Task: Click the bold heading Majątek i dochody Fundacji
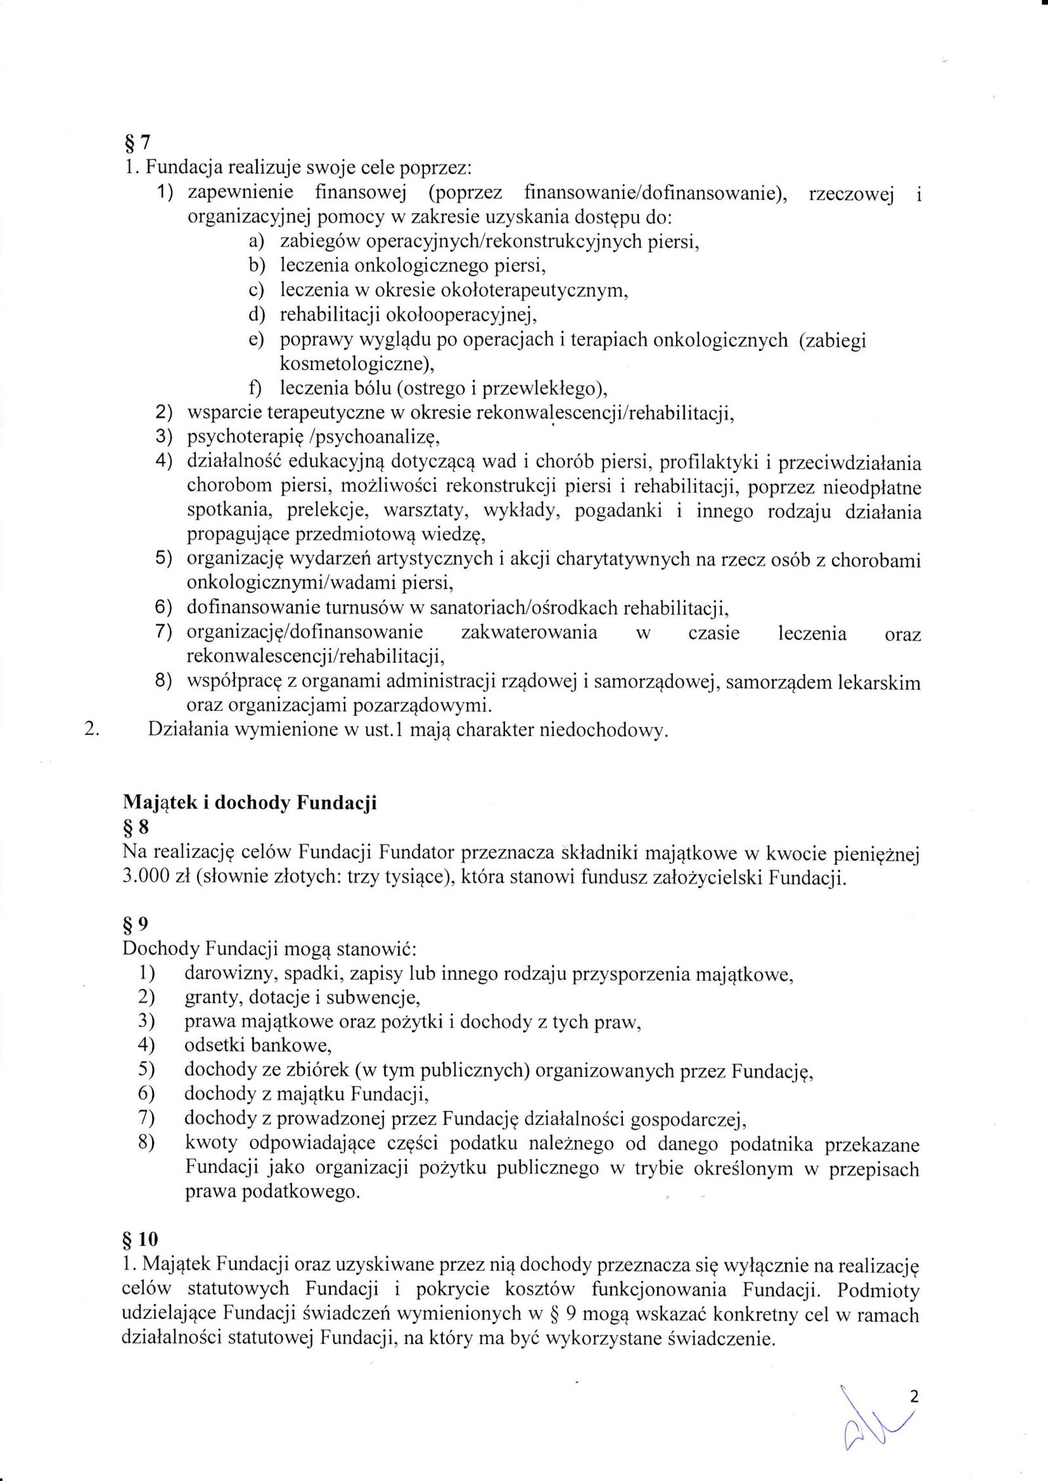pyautogui.click(x=250, y=803)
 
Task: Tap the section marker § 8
pyautogui.click(x=136, y=828)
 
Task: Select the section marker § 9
pyautogui.click(x=136, y=924)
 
